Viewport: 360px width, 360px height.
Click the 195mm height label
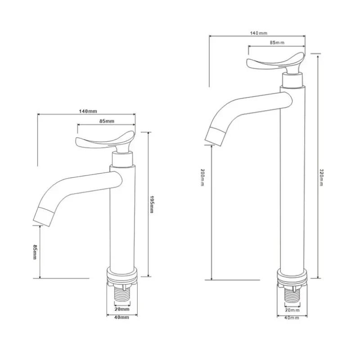coord(151,204)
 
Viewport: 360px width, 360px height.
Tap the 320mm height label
coord(321,177)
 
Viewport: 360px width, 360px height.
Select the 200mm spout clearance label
coord(202,177)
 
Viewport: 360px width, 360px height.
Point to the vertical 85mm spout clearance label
coord(35,252)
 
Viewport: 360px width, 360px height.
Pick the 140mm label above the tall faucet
coord(259,33)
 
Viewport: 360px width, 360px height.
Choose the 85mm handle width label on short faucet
coord(107,121)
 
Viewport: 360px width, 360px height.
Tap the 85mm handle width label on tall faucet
coord(277,42)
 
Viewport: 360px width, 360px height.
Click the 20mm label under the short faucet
coord(122,309)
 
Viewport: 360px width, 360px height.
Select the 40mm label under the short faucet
coord(121,318)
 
